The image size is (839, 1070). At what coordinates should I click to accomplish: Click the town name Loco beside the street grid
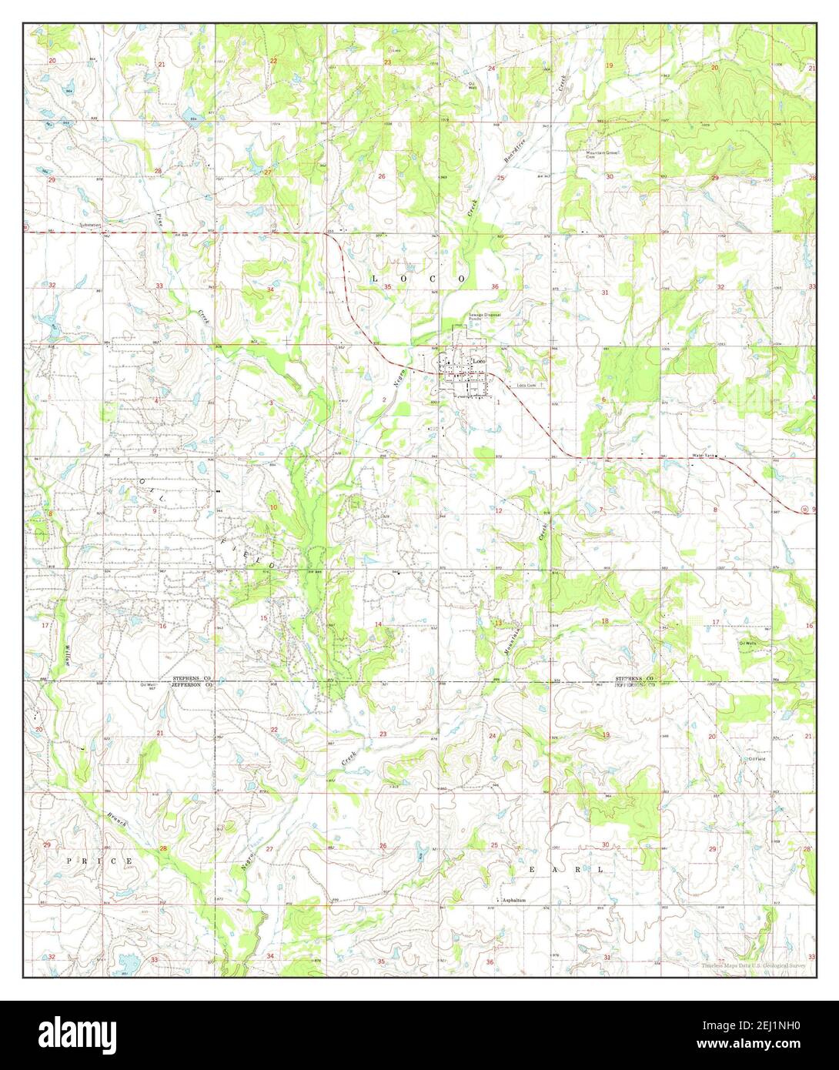pos(480,361)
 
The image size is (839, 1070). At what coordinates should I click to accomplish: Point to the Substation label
pos(91,226)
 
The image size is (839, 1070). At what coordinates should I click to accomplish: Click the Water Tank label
pos(704,456)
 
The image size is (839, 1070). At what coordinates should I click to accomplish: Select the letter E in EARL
pos(530,868)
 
